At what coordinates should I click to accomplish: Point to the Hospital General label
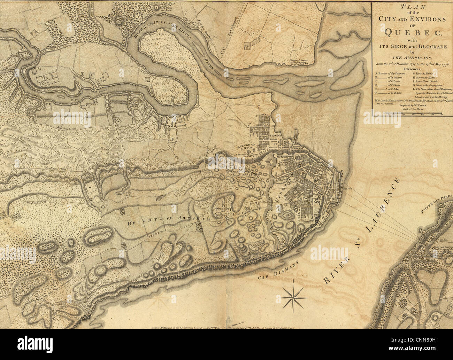(x=171, y=124)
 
